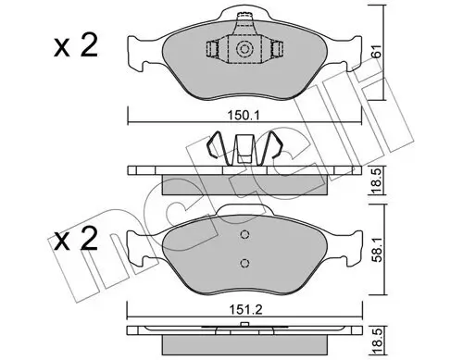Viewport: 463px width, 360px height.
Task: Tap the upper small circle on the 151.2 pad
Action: [244, 235]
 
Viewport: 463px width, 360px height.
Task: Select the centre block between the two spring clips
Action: [244, 149]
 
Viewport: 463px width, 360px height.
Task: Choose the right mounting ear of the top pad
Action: [347, 61]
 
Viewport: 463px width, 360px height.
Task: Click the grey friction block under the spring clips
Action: [244, 184]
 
